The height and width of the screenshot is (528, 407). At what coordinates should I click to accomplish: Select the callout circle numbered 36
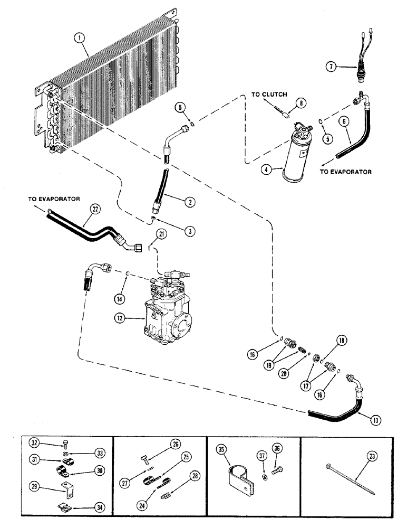tap(276, 449)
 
